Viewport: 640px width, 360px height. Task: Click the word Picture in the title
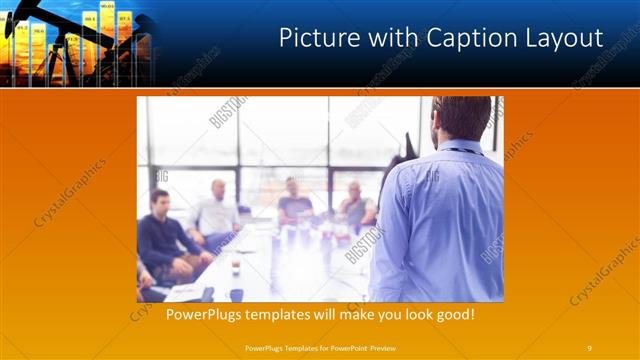(x=312, y=38)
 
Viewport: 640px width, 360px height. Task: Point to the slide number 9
(x=589, y=348)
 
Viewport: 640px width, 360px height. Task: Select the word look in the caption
(x=406, y=314)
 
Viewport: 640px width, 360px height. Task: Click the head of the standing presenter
(x=463, y=118)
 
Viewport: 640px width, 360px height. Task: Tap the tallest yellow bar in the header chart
(x=106, y=40)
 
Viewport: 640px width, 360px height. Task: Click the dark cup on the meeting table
(x=236, y=294)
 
